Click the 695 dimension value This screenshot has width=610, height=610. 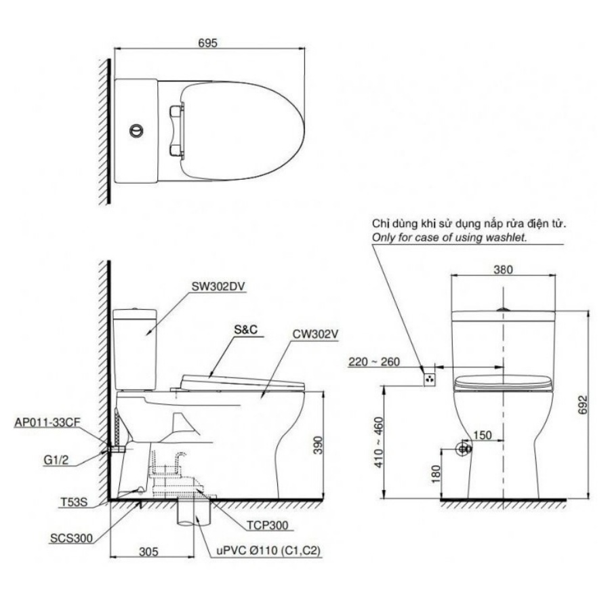[207, 43]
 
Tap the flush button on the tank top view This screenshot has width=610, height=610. [136, 131]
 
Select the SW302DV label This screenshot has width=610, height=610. [218, 286]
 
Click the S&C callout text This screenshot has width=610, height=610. [245, 329]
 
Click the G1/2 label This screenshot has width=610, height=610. [56, 460]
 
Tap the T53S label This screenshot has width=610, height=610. [74, 502]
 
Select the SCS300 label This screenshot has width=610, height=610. [71, 538]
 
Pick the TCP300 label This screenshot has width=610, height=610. [268, 525]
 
